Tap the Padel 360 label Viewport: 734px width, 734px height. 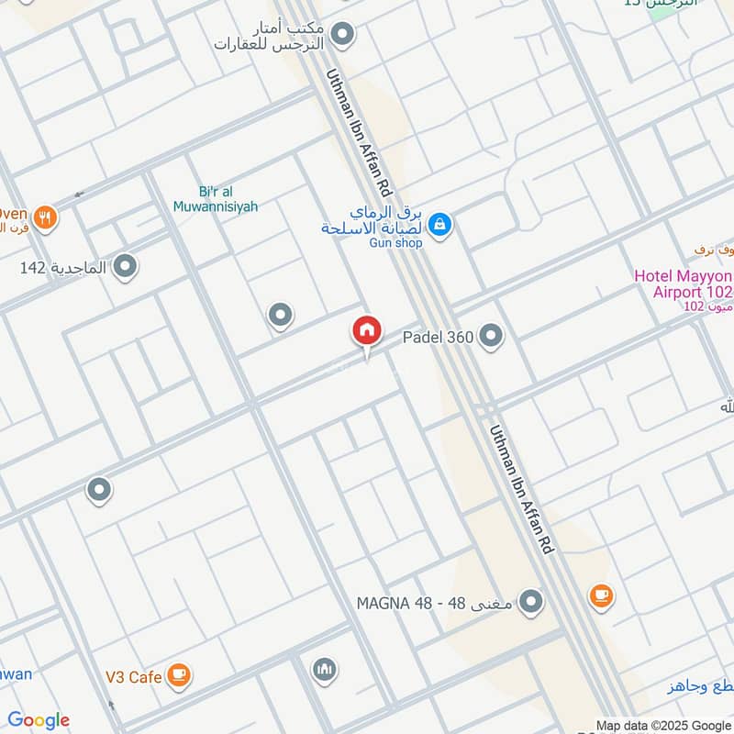439,337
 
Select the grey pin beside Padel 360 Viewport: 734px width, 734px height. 492,337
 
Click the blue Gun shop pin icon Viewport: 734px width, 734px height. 439,223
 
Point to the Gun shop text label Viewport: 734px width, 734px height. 395,242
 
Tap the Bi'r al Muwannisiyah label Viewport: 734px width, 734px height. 216,198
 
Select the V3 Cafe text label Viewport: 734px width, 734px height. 133,677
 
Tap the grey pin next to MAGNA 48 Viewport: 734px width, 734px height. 530,603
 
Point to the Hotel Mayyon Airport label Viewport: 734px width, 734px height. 684,284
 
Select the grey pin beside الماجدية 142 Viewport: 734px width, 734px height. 126,267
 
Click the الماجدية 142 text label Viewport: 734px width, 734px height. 63,268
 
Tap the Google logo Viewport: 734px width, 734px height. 39,720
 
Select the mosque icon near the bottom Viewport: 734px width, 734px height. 323,670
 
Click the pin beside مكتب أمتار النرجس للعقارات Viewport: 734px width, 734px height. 342,36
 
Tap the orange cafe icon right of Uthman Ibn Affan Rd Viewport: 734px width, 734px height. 601,596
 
